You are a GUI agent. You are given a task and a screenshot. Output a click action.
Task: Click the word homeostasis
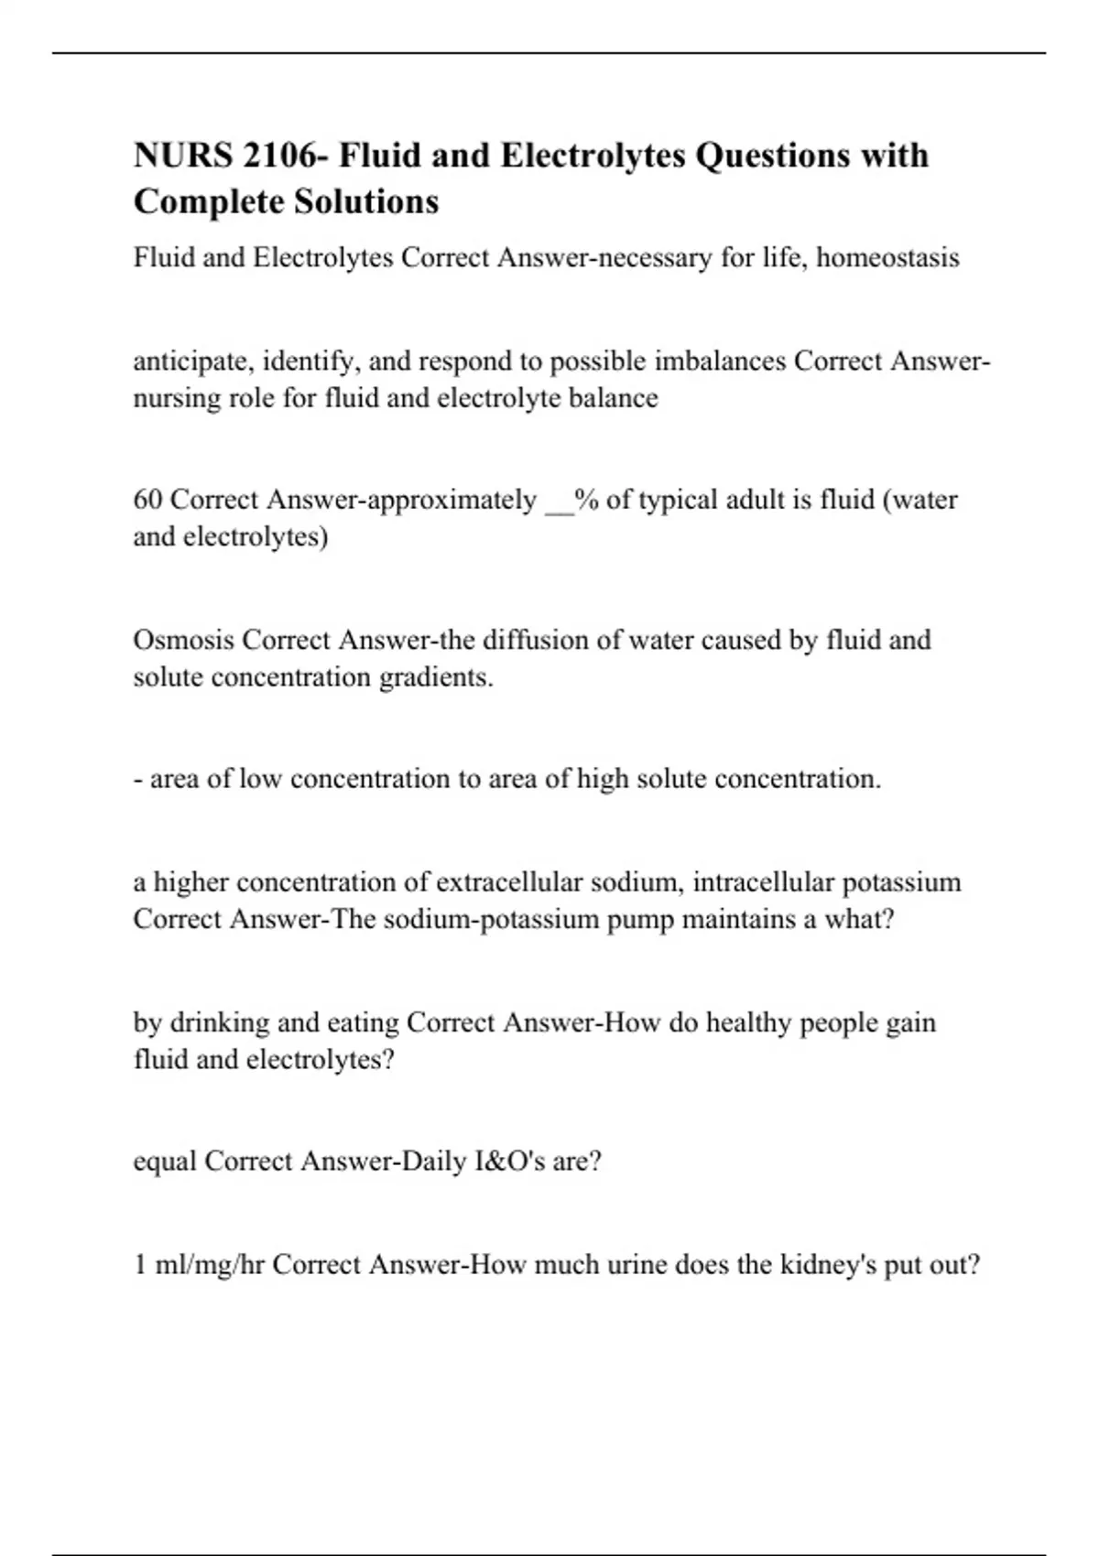[x=887, y=258]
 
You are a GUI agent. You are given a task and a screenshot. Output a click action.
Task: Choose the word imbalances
[x=720, y=362]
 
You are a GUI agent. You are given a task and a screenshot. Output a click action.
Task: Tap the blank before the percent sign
[x=559, y=503]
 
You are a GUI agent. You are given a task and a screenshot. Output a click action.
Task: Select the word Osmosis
[x=183, y=640]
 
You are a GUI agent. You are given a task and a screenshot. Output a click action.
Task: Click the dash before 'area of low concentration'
[x=137, y=780]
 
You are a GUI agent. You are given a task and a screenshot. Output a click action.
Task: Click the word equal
[x=164, y=1162]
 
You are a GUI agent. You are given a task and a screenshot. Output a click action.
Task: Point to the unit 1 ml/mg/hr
[x=199, y=1265]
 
